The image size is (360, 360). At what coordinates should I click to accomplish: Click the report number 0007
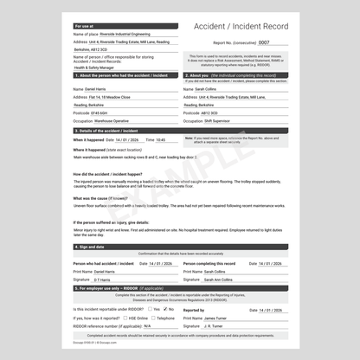click(x=264, y=42)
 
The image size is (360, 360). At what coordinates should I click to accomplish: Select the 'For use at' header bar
click(x=125, y=27)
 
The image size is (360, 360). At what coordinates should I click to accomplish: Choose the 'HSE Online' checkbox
click(x=125, y=318)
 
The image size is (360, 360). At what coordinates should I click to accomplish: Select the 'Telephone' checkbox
click(x=151, y=318)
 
